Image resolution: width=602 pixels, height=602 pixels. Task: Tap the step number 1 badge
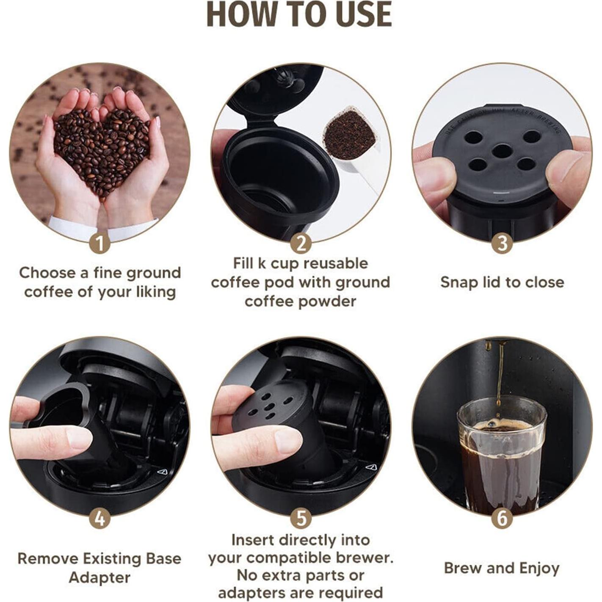(100, 244)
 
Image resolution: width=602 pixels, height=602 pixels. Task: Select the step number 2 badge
(301, 244)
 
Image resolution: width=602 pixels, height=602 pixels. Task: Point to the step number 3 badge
(502, 244)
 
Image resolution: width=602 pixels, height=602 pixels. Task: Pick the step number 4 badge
(100, 519)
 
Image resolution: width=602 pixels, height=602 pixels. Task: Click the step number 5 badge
(301, 519)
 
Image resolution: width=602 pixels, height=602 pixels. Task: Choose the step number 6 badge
(502, 519)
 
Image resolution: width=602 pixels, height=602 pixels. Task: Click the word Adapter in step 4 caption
(100, 577)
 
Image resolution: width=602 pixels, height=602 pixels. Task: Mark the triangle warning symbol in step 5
(371, 467)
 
